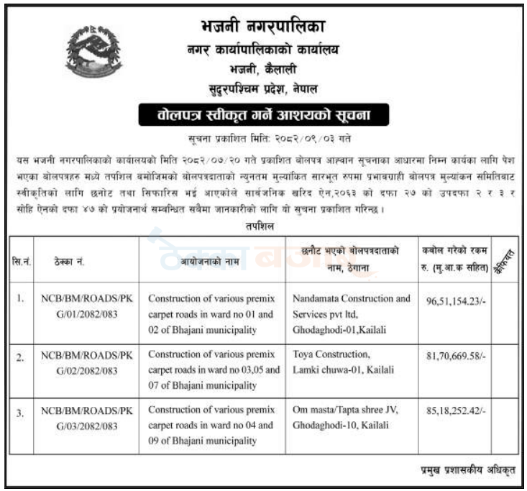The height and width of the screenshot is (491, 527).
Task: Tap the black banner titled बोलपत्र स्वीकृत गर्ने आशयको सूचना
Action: point(262,114)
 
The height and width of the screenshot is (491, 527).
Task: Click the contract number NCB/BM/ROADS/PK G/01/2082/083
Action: point(86,305)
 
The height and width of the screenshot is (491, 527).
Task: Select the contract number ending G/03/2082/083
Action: point(86,418)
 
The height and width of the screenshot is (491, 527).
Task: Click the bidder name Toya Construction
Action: point(331,354)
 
